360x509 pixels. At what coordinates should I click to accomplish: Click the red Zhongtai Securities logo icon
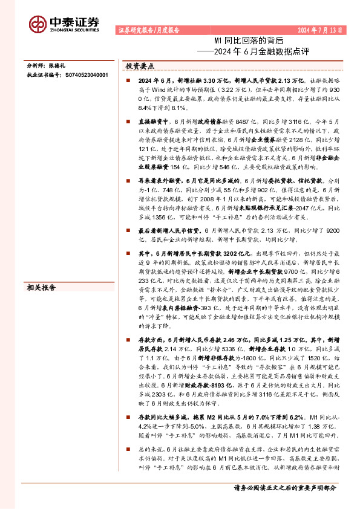point(38,23)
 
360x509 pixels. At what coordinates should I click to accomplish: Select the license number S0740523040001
point(87,75)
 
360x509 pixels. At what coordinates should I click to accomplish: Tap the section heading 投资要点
point(140,66)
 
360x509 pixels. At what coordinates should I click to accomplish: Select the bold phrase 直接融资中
point(152,122)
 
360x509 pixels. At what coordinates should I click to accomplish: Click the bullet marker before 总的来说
point(129,450)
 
